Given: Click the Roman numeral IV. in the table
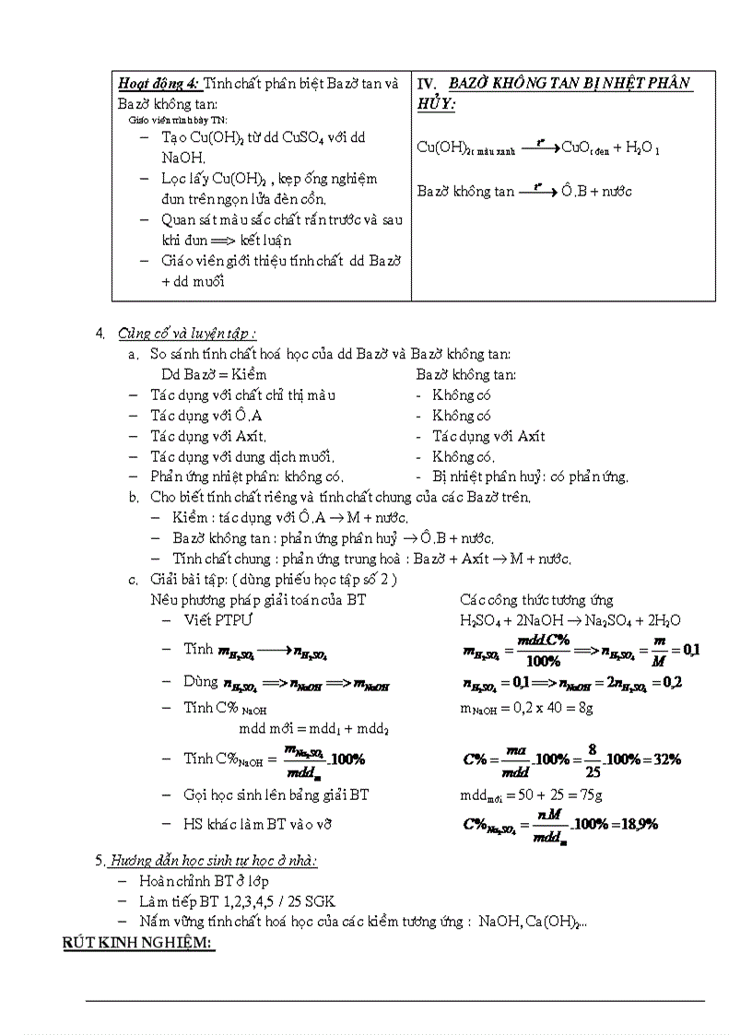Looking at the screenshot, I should pos(429,84).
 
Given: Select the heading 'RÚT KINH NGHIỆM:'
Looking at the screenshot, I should pos(138,944).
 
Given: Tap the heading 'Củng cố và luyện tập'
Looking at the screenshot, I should pos(186,334).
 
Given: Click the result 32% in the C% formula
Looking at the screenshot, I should pos(664,759).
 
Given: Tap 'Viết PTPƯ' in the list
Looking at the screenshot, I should pos(217,620).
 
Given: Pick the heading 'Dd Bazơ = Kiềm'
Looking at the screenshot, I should pos(214,374).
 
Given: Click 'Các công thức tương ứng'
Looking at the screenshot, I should pos(536,600).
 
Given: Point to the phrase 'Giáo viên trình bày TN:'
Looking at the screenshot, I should pos(177,120).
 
